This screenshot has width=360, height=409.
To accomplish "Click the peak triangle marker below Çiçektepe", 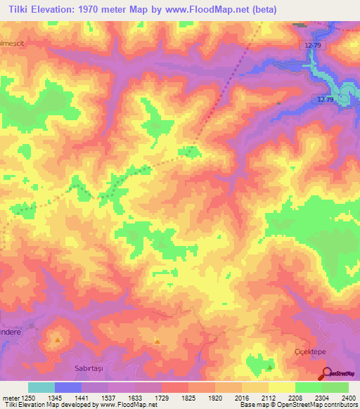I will [269, 366].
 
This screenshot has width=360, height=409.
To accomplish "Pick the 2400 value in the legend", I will [349, 398].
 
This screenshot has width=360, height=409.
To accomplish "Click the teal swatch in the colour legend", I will [41, 387].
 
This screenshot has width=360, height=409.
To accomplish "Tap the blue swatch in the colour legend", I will [68, 387].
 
